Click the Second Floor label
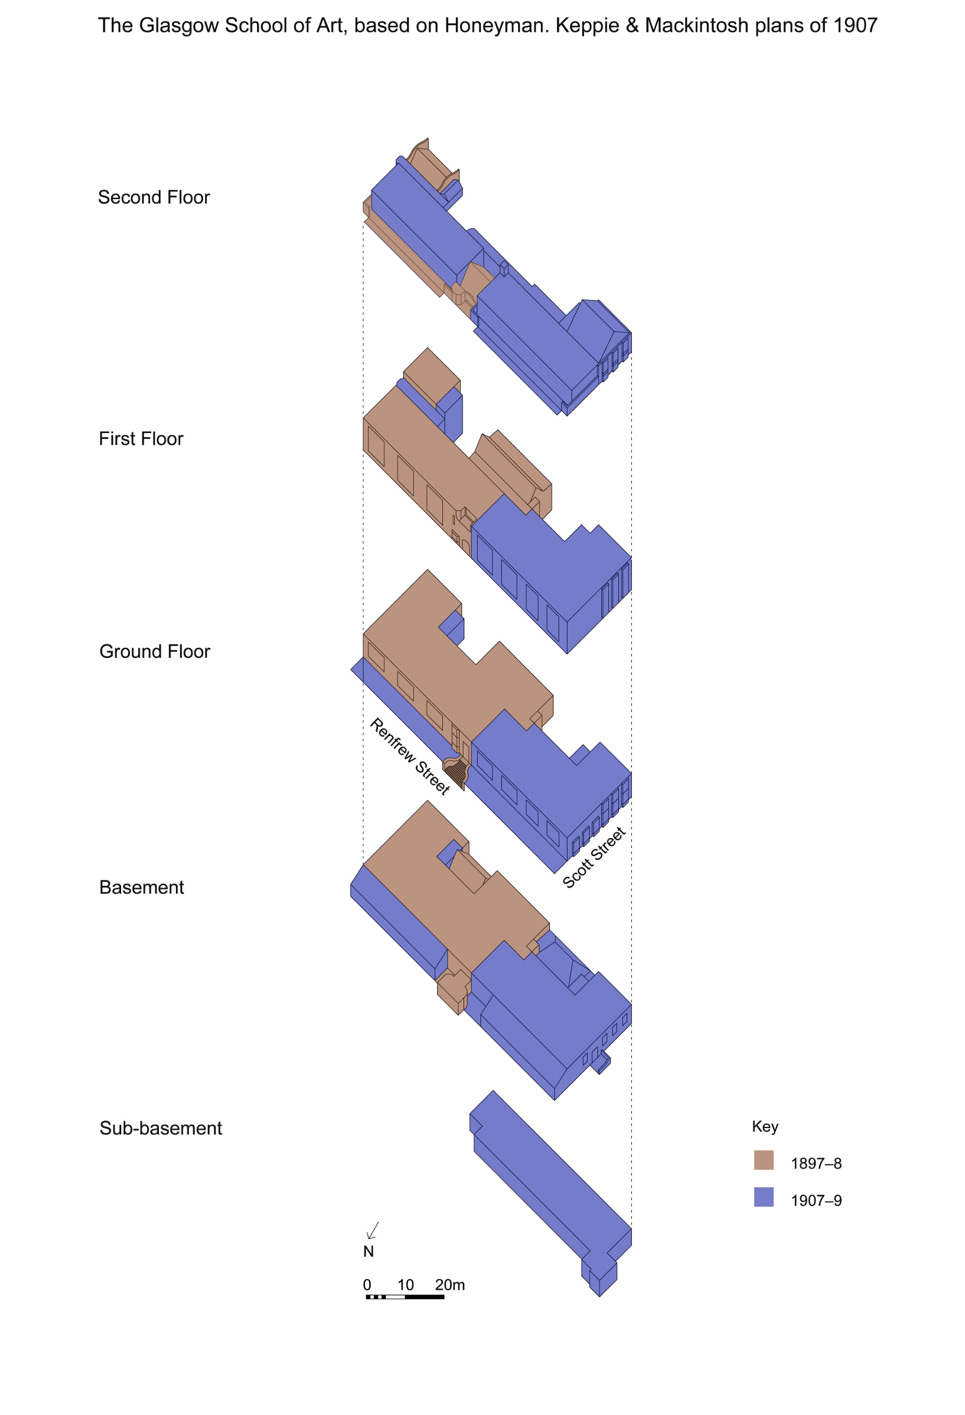154,197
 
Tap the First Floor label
141,439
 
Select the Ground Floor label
155,651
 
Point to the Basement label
141,888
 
